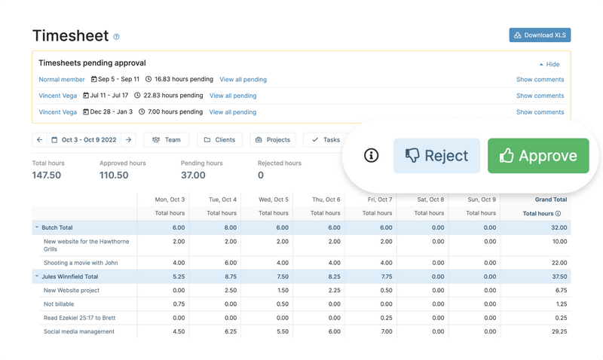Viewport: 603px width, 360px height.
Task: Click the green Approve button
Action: coord(537,156)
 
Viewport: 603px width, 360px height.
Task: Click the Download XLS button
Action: coord(540,35)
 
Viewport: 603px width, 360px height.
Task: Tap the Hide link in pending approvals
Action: coord(549,65)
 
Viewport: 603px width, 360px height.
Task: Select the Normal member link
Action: coord(62,79)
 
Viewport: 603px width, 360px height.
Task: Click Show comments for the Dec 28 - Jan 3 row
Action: coord(540,112)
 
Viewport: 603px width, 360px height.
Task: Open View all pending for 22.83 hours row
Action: coord(233,96)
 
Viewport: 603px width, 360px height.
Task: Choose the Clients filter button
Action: coord(219,139)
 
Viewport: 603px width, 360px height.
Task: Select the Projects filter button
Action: coord(272,139)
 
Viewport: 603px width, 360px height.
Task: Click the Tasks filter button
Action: coord(326,139)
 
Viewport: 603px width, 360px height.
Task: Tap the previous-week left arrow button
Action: coord(39,139)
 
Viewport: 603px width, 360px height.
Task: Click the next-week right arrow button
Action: coord(129,139)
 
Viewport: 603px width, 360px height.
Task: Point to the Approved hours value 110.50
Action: coord(114,175)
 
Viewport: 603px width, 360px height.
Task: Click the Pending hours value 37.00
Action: coord(193,175)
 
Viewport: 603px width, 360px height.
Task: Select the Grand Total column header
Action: coord(551,200)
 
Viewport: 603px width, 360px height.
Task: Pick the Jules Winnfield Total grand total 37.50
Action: coord(557,276)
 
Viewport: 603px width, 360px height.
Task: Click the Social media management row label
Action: coord(79,331)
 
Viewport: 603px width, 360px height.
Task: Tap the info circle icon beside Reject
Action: coord(371,156)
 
